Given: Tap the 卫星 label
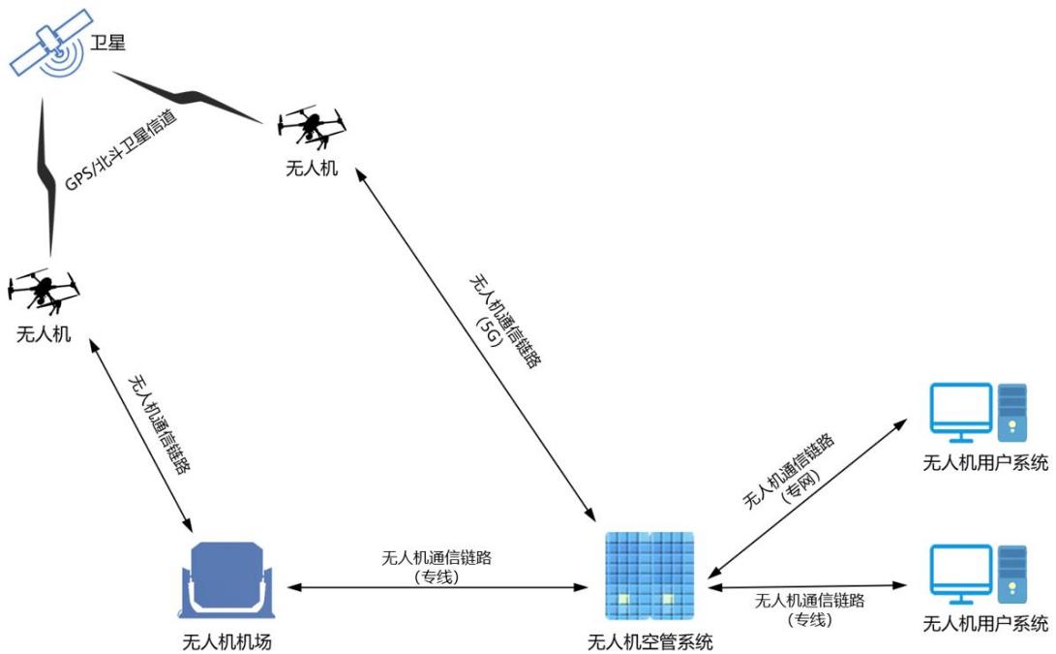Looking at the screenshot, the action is coord(107,43).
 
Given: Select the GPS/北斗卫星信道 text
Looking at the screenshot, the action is coord(121,149).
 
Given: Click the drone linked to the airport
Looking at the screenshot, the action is coord(44,291).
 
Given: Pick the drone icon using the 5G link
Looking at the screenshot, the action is coord(312,126).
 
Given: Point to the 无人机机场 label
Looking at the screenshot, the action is coord(226,641).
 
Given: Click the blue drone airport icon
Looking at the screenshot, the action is coord(226,580).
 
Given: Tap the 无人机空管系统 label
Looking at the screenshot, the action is coord(649,641).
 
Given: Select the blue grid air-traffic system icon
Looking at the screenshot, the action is coord(649,576).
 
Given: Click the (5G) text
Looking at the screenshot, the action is coord(490,331).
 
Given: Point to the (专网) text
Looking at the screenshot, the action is coord(800,485).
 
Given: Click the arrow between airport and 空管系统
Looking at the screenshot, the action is coord(437,587).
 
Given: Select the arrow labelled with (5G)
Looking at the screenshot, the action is coord(475,345).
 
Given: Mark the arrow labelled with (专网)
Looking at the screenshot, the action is coord(807,498).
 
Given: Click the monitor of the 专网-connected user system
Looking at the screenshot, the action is coord(960,412).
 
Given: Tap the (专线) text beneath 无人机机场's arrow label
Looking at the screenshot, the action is coord(437,577).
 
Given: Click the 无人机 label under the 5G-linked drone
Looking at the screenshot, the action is coord(312,168).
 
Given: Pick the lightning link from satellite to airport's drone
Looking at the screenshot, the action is coord(46,177).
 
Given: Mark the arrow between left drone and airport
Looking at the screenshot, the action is coord(140,436).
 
